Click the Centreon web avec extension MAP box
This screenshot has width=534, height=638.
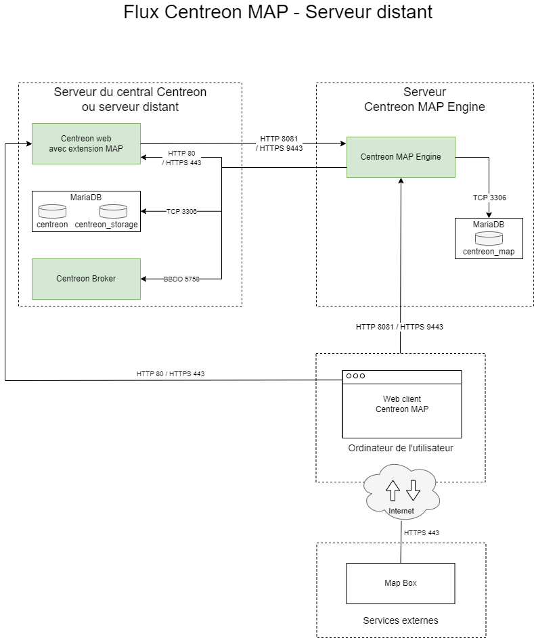click(x=86, y=143)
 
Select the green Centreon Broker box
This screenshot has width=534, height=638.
click(x=86, y=279)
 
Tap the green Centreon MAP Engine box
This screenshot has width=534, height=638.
click(x=401, y=157)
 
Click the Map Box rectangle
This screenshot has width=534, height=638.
click(x=401, y=583)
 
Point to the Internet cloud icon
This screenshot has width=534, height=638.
click(x=401, y=491)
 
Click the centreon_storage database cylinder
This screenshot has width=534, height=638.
click(x=112, y=211)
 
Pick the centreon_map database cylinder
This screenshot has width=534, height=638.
click(x=489, y=238)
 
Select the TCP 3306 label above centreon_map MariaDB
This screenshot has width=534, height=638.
click(x=489, y=198)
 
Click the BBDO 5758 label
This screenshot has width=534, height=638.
click(x=181, y=279)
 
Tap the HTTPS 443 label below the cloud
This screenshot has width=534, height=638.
click(x=421, y=533)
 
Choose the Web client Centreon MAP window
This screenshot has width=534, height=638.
click(x=402, y=404)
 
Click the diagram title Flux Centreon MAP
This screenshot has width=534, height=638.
click(x=277, y=12)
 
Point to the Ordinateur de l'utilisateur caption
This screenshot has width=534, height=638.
click(x=401, y=448)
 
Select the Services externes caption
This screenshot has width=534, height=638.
click(x=401, y=620)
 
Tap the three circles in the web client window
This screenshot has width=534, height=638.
click(x=355, y=376)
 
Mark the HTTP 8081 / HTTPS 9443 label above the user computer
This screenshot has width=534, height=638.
click(x=399, y=327)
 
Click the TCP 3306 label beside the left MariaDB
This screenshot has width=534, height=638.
click(x=181, y=211)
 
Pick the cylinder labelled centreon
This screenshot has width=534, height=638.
click(x=52, y=211)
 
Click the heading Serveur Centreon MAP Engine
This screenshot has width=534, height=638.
click(x=424, y=99)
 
